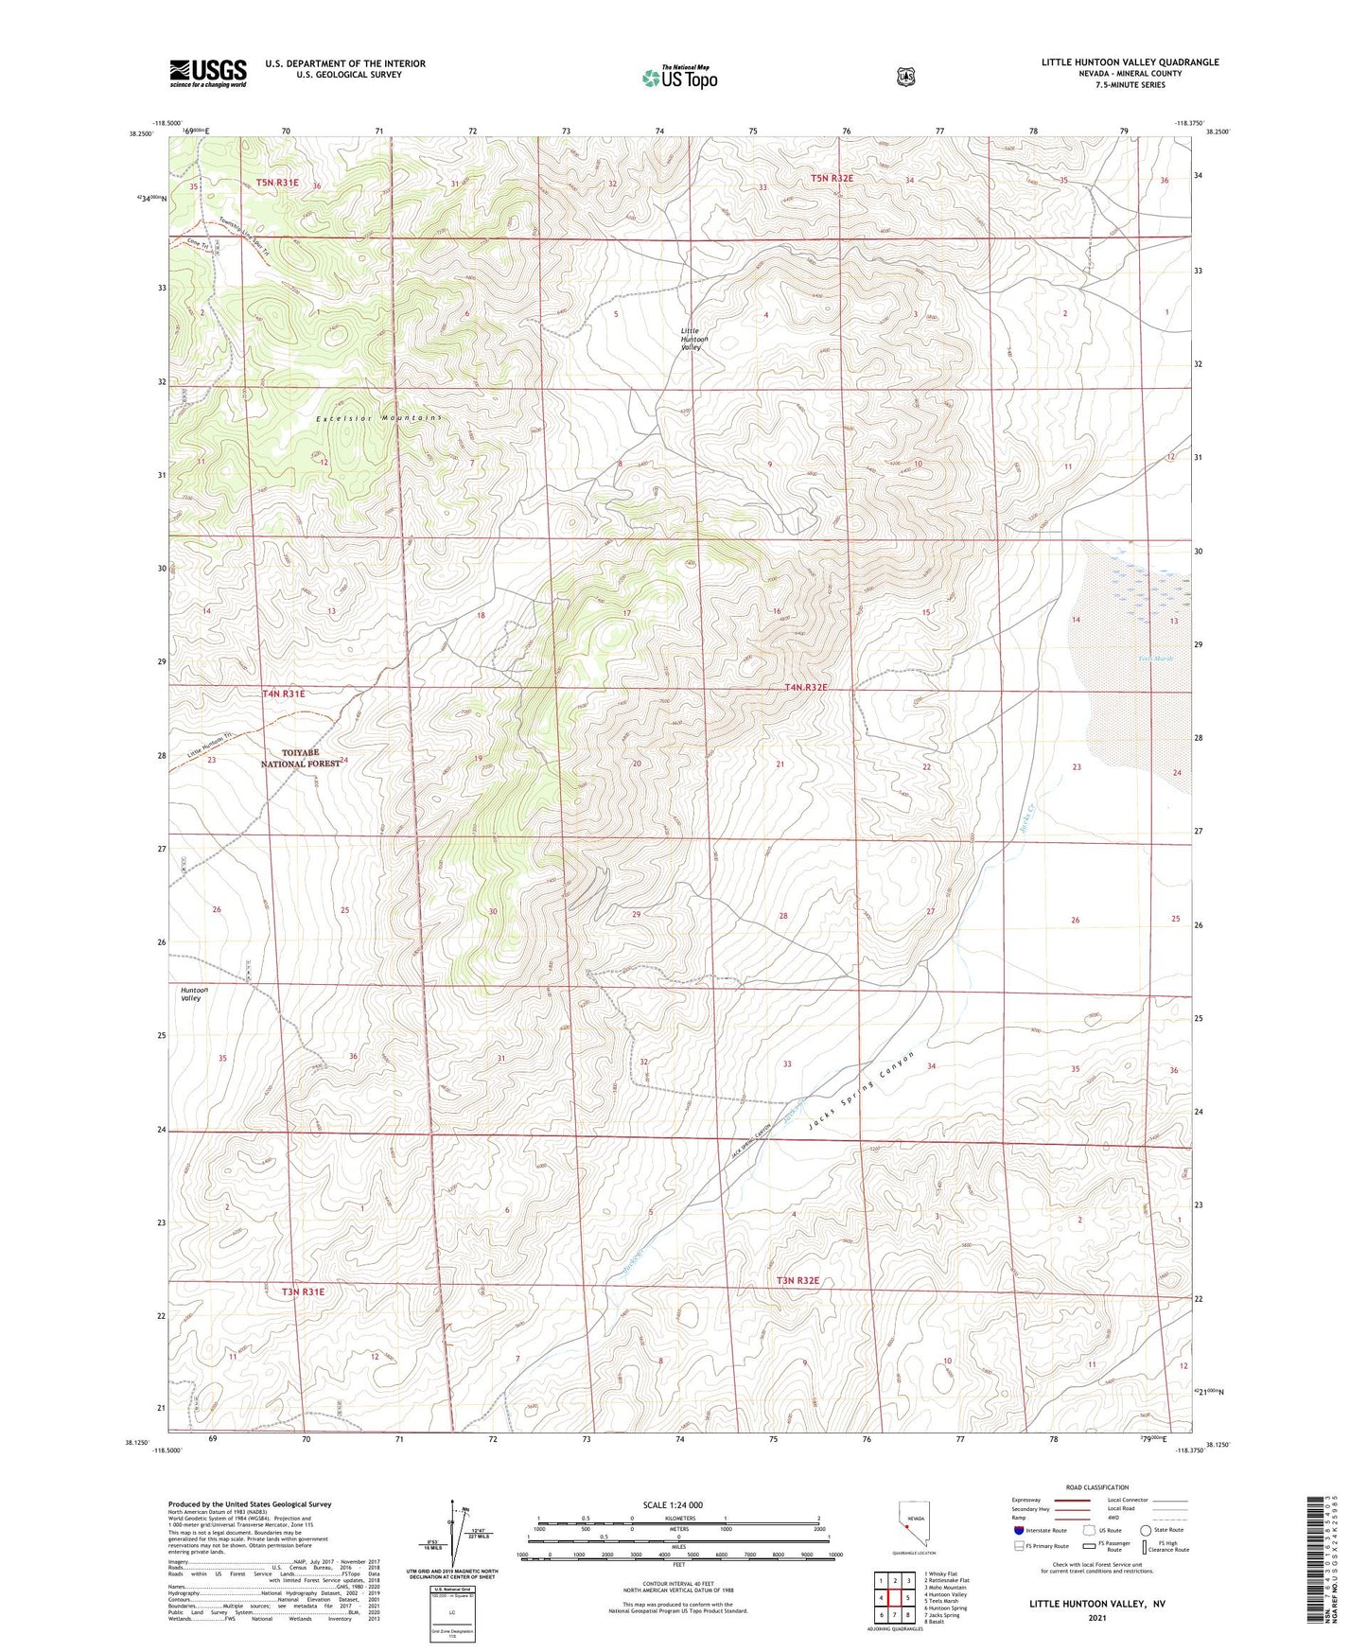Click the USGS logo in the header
pos(208,73)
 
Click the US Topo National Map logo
pos(679,77)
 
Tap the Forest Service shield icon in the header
pos(905,77)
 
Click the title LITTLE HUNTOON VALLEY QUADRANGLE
pos(1130,62)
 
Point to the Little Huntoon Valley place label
pos(693,339)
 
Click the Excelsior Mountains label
pos(378,417)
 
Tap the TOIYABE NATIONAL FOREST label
pos(300,758)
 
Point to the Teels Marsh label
pos(1155,659)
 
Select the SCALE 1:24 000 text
pos(673,1504)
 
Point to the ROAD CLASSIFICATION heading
pos(1096,1487)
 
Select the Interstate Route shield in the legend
pos(1018,1529)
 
